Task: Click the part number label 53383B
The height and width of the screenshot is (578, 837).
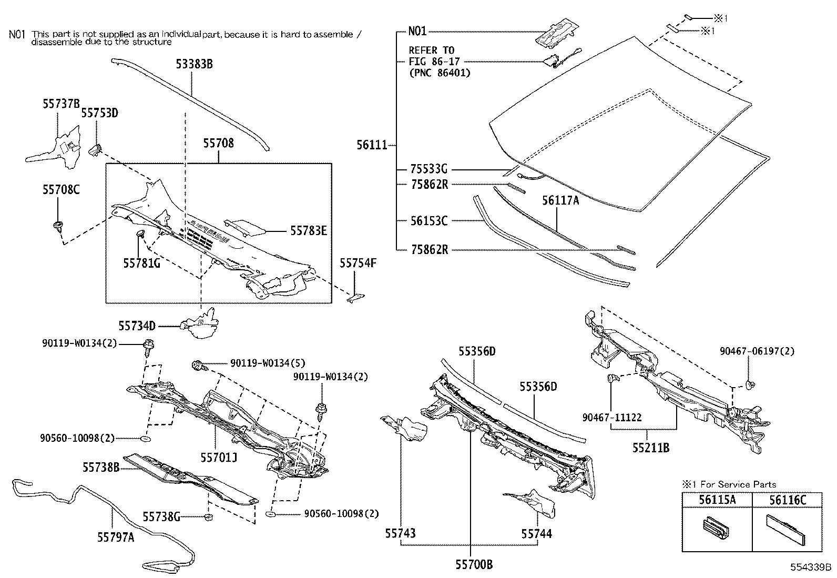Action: point(194,65)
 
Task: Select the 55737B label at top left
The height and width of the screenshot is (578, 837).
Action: point(61,104)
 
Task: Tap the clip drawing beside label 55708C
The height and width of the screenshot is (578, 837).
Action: point(57,228)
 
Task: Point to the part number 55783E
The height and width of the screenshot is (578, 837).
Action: point(309,230)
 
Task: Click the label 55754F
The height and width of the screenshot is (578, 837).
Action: point(358,263)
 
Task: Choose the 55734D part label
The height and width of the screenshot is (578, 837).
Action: point(137,326)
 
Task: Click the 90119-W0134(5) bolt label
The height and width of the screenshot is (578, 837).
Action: point(268,363)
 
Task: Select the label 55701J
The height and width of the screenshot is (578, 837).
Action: point(219,458)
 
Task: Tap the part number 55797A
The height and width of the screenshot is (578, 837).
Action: point(116,537)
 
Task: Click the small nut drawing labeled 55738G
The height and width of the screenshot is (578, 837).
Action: point(208,518)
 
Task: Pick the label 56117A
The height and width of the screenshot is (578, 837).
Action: point(560,200)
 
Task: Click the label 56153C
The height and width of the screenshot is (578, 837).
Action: point(428,221)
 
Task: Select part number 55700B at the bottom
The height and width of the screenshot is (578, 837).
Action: point(474,565)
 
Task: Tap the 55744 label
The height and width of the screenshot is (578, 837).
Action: point(537,534)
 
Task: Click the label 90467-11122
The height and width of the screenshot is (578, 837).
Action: point(612,418)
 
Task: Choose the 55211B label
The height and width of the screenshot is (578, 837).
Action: point(651,448)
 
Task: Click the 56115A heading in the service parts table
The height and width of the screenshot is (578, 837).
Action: point(717,500)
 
